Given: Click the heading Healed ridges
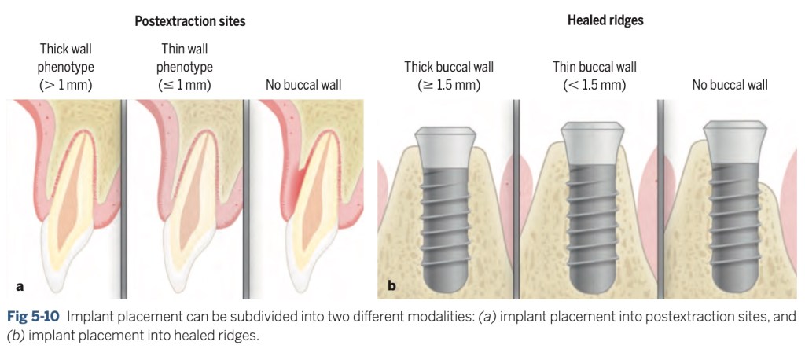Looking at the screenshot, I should coord(605,20).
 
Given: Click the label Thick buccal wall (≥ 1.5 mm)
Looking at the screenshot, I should coord(449,75).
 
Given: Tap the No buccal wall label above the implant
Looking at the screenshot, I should coord(730,84).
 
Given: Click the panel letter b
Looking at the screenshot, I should coord(391,285).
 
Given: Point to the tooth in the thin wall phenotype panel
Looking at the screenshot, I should coord(197,212).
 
